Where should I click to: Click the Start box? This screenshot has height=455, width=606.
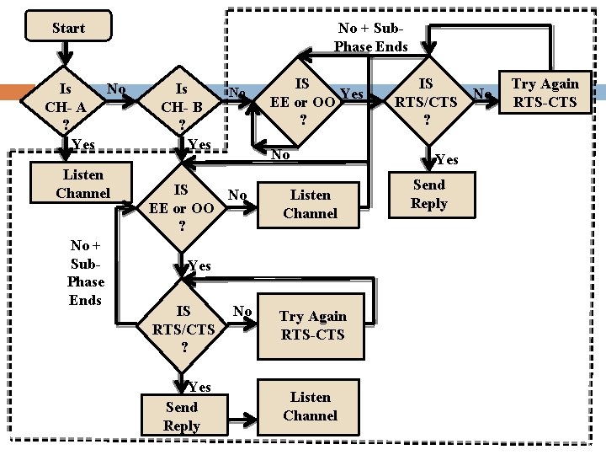(x=68, y=28)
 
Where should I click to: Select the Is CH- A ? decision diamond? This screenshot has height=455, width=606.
(x=66, y=106)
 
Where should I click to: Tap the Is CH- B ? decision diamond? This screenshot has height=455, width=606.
(x=181, y=106)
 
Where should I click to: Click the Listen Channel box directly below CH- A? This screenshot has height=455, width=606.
(x=82, y=185)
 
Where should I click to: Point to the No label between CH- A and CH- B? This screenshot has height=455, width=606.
(x=117, y=89)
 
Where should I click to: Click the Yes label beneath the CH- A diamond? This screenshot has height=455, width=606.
(x=83, y=145)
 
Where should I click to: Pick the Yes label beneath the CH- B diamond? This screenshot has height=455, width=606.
(x=199, y=145)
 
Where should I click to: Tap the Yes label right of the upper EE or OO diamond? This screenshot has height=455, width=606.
(x=352, y=94)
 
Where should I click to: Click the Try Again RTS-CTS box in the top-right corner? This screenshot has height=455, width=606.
(x=545, y=93)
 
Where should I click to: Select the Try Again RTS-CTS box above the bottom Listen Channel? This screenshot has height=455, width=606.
(x=312, y=325)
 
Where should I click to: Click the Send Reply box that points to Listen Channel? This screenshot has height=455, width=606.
(x=181, y=416)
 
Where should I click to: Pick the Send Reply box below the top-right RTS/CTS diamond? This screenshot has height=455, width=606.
(x=428, y=194)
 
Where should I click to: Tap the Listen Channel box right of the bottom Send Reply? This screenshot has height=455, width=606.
(x=310, y=406)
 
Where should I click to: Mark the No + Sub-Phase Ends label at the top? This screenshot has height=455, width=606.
(x=371, y=37)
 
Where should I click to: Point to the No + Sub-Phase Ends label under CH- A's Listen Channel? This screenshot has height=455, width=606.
(x=85, y=272)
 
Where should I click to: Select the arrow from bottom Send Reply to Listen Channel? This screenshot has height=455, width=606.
(x=239, y=417)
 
